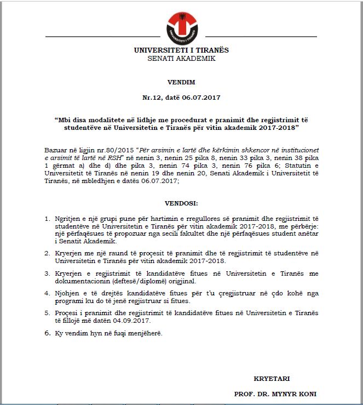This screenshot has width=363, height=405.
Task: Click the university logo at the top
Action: (181, 27)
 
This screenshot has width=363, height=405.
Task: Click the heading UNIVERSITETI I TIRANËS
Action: (181, 50)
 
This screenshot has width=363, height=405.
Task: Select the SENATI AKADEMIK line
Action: (181, 58)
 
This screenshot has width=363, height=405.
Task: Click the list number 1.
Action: (47, 219)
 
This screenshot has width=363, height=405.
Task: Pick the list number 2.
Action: (47, 253)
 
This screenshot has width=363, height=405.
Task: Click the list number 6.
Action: (47, 333)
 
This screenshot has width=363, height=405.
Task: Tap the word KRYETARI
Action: (272, 379)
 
